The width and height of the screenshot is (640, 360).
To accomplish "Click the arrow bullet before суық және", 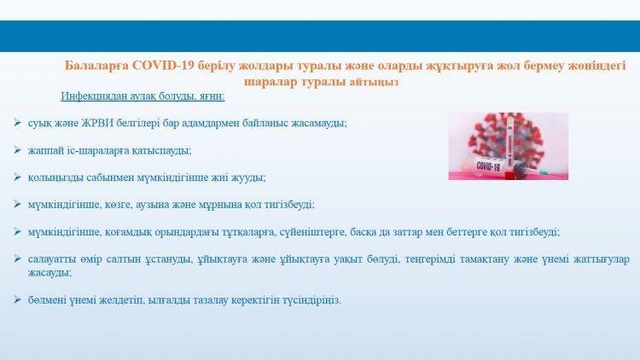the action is click(x=17, y=123).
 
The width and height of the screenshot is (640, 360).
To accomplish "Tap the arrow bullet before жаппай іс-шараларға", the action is click(x=17, y=150).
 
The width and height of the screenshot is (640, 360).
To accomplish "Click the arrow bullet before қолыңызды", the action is click(x=17, y=177).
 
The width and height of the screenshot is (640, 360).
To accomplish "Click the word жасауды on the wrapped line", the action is click(x=49, y=273).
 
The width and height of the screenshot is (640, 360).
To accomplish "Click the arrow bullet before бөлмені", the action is click(x=17, y=299).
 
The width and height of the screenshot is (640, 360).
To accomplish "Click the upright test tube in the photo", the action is click(x=509, y=146).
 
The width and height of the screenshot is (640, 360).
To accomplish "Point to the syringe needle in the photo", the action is click(x=550, y=175).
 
